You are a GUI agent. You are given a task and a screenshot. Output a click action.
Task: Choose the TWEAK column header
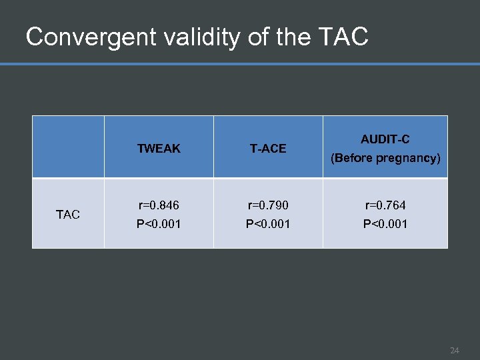[x=159, y=149]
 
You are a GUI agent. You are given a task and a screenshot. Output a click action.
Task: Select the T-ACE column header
[x=268, y=149]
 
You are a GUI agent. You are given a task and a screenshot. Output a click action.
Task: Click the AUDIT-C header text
[x=385, y=139]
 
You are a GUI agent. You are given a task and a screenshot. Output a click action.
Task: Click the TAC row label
[x=68, y=214]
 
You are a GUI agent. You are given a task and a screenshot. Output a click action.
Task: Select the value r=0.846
[x=159, y=205]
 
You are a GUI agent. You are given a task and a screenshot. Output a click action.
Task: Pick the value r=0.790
[x=268, y=205]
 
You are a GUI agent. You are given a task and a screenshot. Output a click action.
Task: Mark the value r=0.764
[x=385, y=205]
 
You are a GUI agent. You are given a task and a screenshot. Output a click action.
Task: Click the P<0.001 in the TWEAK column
[x=159, y=224]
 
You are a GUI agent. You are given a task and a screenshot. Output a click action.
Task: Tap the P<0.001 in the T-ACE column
[x=268, y=224]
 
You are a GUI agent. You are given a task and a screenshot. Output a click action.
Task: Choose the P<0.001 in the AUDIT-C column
[x=385, y=224]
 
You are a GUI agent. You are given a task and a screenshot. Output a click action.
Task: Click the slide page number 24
[x=455, y=350]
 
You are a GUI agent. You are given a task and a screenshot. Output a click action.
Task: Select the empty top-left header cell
[x=68, y=147]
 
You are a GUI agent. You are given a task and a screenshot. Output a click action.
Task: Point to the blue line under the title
[x=240, y=64]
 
